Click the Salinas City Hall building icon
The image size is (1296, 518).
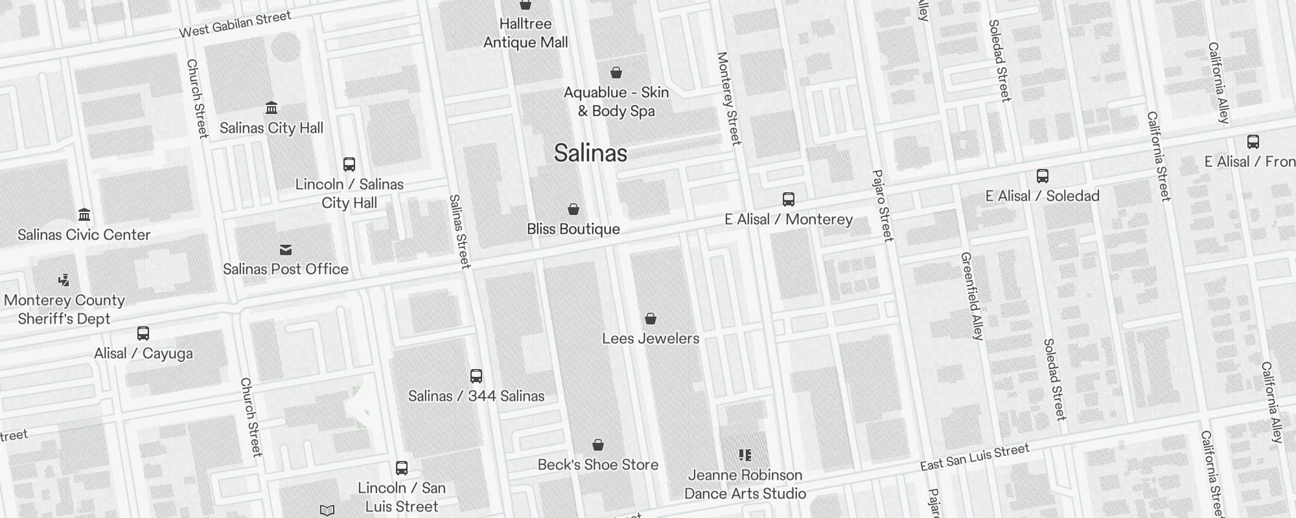coord(272,107)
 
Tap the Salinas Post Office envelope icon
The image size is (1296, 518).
coord(286,250)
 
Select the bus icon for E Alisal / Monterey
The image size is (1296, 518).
coord(789,199)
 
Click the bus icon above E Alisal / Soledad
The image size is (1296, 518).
coord(1043,176)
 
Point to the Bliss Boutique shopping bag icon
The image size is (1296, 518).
coord(573,209)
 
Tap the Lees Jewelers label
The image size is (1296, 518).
coord(651,338)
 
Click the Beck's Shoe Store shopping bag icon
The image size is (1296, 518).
coord(598,445)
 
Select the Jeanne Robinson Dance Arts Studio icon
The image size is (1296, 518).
coord(745,455)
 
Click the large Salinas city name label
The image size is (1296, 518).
coord(590,153)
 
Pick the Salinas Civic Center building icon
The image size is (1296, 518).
coord(84,214)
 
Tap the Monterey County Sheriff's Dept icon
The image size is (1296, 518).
coord(64,280)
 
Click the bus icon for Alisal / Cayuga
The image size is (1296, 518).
coord(143,333)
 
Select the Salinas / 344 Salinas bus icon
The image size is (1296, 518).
coord(476,376)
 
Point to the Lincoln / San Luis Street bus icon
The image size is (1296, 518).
coord(402,468)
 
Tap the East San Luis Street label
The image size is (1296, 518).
coord(975,457)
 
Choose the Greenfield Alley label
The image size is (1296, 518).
coord(972,296)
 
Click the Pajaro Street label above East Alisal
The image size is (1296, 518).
coord(883,206)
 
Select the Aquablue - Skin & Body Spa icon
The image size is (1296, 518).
coord(616,73)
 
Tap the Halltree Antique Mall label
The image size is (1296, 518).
coord(526,33)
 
